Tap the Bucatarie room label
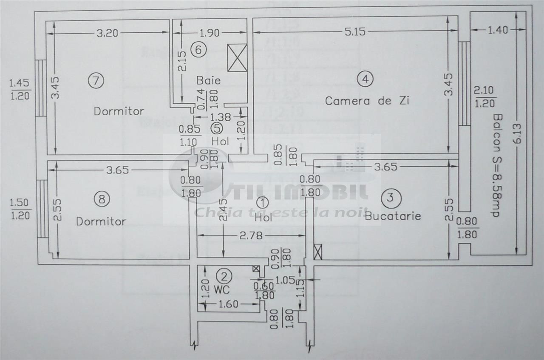[x=393, y=216]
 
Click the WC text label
[x=222, y=290]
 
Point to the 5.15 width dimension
[x=355, y=31]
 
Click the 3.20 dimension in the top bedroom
[x=108, y=33]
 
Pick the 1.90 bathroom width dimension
[x=209, y=32]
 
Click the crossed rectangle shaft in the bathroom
[x=237, y=57]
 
